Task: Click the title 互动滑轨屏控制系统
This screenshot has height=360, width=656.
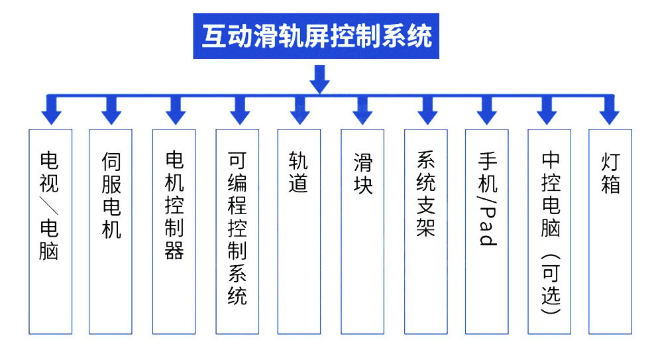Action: pos(316,36)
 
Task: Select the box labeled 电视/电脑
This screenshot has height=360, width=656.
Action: pos(50,231)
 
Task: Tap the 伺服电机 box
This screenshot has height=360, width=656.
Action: pos(111,231)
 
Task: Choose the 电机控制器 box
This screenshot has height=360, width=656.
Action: pos(174,231)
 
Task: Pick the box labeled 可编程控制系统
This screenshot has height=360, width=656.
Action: pos(237,231)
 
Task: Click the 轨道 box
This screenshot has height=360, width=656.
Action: pos(298,231)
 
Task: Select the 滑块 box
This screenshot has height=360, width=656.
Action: pos(362,231)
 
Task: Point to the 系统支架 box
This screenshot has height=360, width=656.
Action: pos(425,231)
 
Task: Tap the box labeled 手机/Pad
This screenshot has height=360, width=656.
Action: pos(487,231)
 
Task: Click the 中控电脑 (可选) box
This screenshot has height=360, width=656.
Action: pos(549,231)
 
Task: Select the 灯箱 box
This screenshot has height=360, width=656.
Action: pos(610,231)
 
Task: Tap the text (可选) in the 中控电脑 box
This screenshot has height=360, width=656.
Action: pos(550,285)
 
